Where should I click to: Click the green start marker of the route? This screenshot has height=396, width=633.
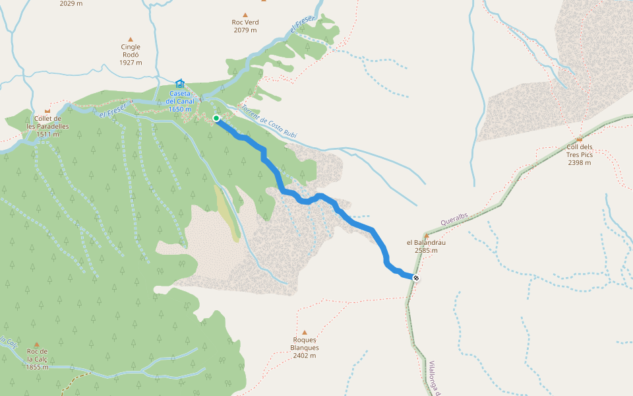coord(216,118)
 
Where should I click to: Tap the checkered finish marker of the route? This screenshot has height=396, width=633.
coord(416,278)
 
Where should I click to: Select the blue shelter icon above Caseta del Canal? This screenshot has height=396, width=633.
coord(180,83)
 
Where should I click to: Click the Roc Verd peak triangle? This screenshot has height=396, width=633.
coord(245,15)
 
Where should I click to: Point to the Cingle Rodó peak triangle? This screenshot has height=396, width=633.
coord(131,40)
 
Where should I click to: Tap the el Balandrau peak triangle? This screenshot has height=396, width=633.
coord(427,236)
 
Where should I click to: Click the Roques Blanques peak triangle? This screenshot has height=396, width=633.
coord(305,333)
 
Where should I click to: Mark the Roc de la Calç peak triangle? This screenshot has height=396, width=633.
coord(37,345)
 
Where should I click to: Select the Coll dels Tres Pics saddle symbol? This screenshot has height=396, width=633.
coord(579,139)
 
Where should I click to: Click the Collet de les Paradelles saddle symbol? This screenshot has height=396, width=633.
coord(47,111)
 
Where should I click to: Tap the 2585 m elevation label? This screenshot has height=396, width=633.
coord(426,250)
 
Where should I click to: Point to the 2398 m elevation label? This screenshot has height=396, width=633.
coord(579,162)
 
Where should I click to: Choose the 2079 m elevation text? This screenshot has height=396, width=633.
coord(245,30)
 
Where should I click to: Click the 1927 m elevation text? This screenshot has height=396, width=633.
coord(131,63)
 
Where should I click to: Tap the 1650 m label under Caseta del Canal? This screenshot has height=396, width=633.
coord(180,109)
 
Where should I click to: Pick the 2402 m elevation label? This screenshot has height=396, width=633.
coord(305,356)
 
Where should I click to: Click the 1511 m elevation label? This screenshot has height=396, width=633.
coord(47,134)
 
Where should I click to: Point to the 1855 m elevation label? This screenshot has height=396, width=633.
coord(38,367)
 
